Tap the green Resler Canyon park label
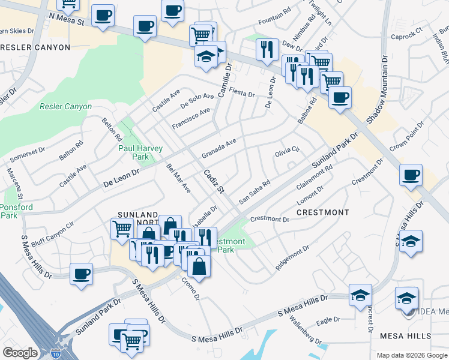tap(65, 107)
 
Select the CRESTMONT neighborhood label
tap(323, 212)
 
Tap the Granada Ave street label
tap(219, 147)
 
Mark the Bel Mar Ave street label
tap(178, 178)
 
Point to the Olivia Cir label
tap(287, 149)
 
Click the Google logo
tap(20, 353)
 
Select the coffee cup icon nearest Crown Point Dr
tap(411, 175)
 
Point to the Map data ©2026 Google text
tap(411, 355)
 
